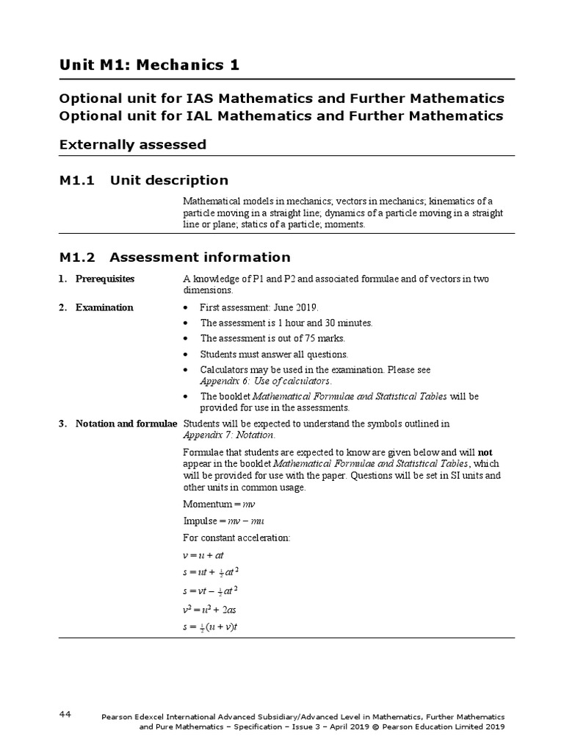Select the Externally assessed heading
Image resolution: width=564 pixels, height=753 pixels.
(132, 145)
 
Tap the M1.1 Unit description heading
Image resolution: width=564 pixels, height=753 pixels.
(144, 180)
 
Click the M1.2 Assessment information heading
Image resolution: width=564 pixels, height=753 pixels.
(175, 257)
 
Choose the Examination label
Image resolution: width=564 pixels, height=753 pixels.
(104, 308)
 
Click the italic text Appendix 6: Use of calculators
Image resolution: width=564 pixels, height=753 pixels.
(266, 382)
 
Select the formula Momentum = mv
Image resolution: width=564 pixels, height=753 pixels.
(218, 504)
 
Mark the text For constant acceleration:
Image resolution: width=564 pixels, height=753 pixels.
(236, 538)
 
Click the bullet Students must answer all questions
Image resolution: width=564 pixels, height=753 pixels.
(275, 354)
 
